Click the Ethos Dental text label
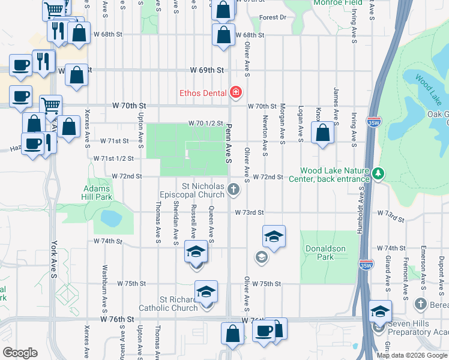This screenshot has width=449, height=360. coord(203,92)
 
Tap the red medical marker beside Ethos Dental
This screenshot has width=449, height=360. coord(235,92)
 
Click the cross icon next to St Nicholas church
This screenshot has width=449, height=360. coord(234,190)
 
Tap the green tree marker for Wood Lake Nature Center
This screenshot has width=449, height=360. coord(378,174)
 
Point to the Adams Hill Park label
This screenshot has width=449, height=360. coord(97,193)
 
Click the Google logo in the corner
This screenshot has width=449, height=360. coord(20,353)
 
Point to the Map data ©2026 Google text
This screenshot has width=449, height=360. coord(412,355)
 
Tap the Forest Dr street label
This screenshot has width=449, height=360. coord(273,17)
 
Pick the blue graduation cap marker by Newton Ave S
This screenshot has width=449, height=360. coord(273,236)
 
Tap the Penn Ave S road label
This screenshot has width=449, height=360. coord(229,145)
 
